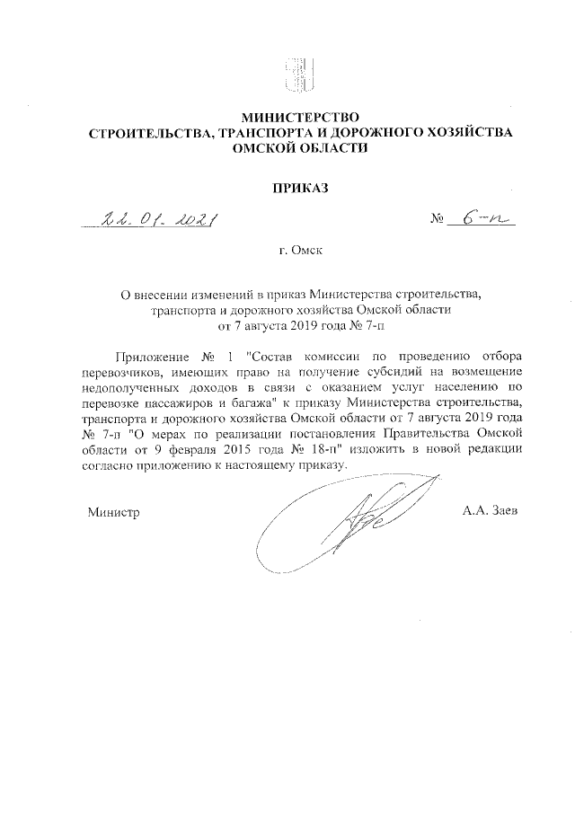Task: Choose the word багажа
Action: click(250, 403)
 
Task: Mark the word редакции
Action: click(488, 447)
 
